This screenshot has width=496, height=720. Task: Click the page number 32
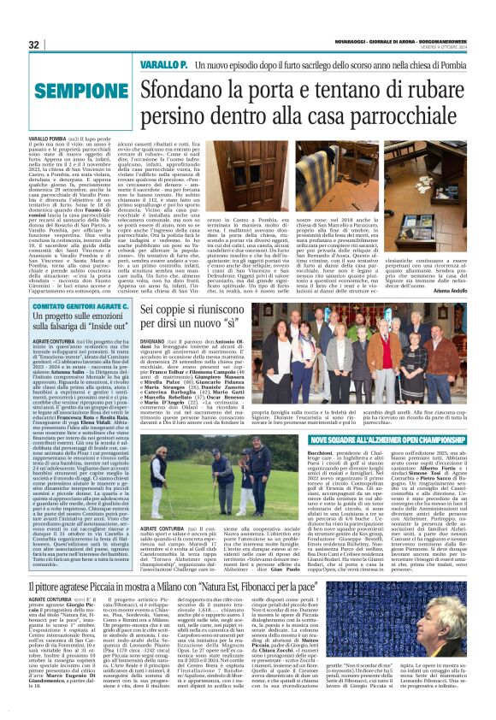(34, 44)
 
